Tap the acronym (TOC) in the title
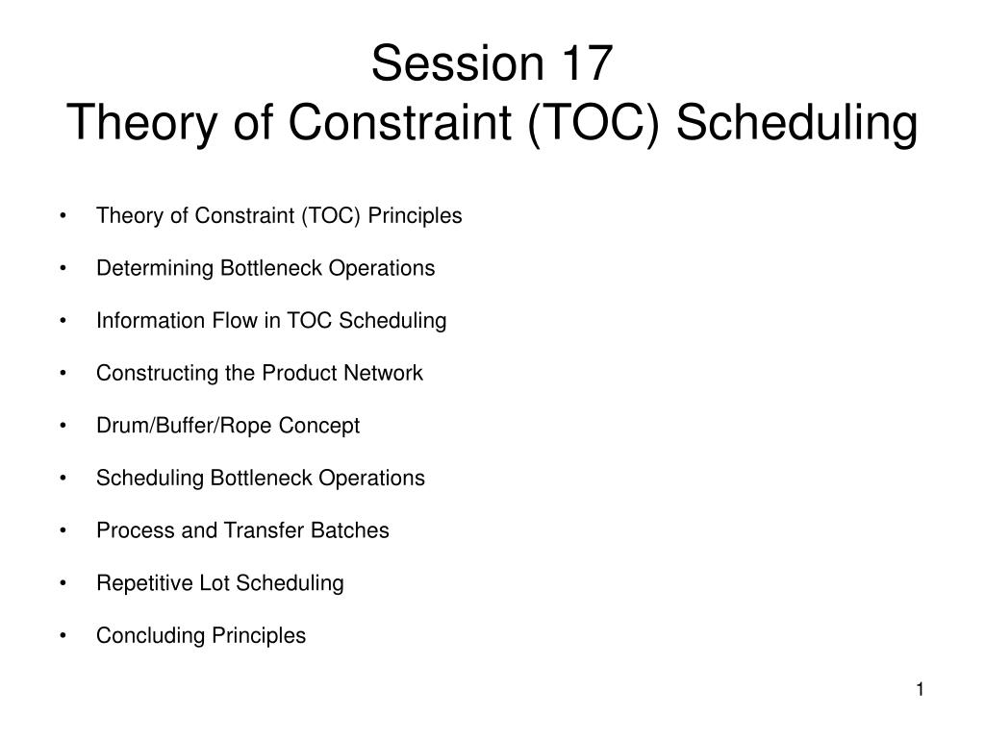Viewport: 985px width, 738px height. tap(594, 122)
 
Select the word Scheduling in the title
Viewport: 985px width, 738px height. tap(796, 123)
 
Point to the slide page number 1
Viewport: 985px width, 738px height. tap(920, 690)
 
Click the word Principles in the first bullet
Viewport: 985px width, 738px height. tap(415, 216)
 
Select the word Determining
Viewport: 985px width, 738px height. tap(155, 269)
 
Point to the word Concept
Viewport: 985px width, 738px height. tap(319, 427)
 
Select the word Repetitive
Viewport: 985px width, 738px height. tap(144, 583)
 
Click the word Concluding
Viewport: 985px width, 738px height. tap(150, 636)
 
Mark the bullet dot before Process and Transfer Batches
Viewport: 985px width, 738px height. tap(63, 530)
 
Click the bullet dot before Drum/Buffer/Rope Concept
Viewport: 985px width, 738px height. tap(63, 426)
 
